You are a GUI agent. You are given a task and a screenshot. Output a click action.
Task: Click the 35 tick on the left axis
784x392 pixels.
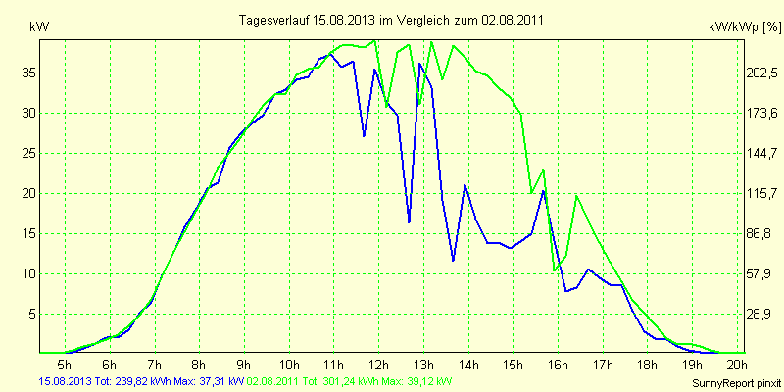[x=29, y=73]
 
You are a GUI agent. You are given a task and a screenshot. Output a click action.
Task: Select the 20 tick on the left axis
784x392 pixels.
[x=29, y=193]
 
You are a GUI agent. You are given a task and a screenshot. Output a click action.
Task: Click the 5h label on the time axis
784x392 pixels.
[x=66, y=364]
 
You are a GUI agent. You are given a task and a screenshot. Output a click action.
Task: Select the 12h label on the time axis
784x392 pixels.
[x=378, y=364]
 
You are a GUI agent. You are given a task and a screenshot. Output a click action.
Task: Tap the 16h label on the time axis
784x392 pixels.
[x=557, y=364]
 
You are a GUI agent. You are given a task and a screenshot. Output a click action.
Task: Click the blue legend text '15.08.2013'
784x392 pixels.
[x=65, y=381]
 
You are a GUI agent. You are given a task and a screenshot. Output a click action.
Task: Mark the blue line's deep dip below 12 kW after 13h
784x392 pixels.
[x=453, y=261]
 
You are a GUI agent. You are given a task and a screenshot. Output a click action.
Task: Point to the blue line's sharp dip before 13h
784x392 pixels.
[x=409, y=222]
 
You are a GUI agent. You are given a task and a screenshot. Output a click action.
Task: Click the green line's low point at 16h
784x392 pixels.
[x=555, y=269]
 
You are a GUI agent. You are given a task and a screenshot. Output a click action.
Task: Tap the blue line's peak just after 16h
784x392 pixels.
[x=544, y=190]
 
